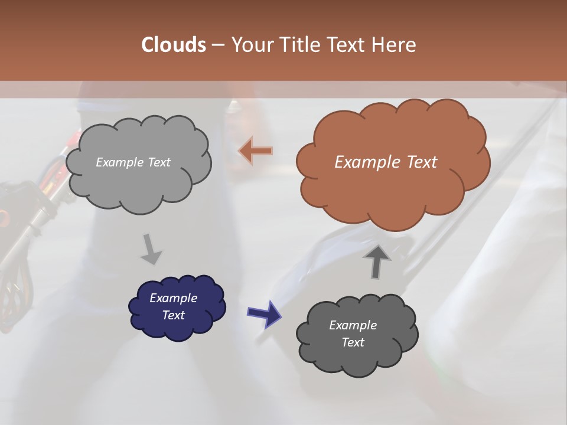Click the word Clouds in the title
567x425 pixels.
point(174,45)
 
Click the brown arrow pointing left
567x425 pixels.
point(255,151)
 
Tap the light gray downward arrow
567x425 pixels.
point(151,249)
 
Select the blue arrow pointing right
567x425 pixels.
point(264,313)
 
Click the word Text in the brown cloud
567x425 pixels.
point(422,162)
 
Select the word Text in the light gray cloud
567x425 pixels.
point(159,162)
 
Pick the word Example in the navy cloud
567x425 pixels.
point(173,298)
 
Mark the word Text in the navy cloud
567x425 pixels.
point(174,315)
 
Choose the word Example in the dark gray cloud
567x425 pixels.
point(353,325)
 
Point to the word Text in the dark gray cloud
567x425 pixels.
point(353,342)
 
